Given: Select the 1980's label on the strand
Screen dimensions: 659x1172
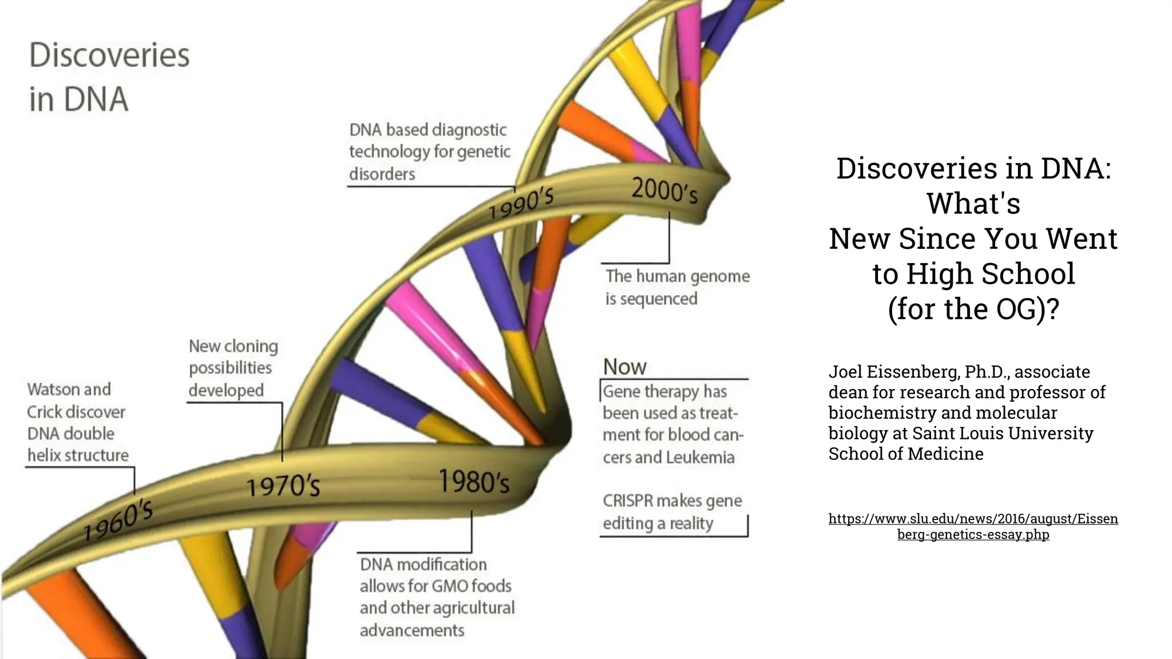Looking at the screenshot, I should (x=474, y=482).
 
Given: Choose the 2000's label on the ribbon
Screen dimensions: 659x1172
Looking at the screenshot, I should (x=664, y=190).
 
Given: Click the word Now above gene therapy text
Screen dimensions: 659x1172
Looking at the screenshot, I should (x=624, y=367).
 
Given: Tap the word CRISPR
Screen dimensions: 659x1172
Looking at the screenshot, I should (x=628, y=501).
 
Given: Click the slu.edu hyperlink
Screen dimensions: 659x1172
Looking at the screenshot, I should (x=973, y=526).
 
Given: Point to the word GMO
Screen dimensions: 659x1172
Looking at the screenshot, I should (x=450, y=586).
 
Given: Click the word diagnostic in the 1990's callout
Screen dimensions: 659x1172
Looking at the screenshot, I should (x=469, y=130).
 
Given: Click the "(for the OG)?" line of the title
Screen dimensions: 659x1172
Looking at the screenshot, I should (x=973, y=309).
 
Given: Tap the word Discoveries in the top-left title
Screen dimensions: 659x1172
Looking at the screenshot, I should (x=109, y=55).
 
